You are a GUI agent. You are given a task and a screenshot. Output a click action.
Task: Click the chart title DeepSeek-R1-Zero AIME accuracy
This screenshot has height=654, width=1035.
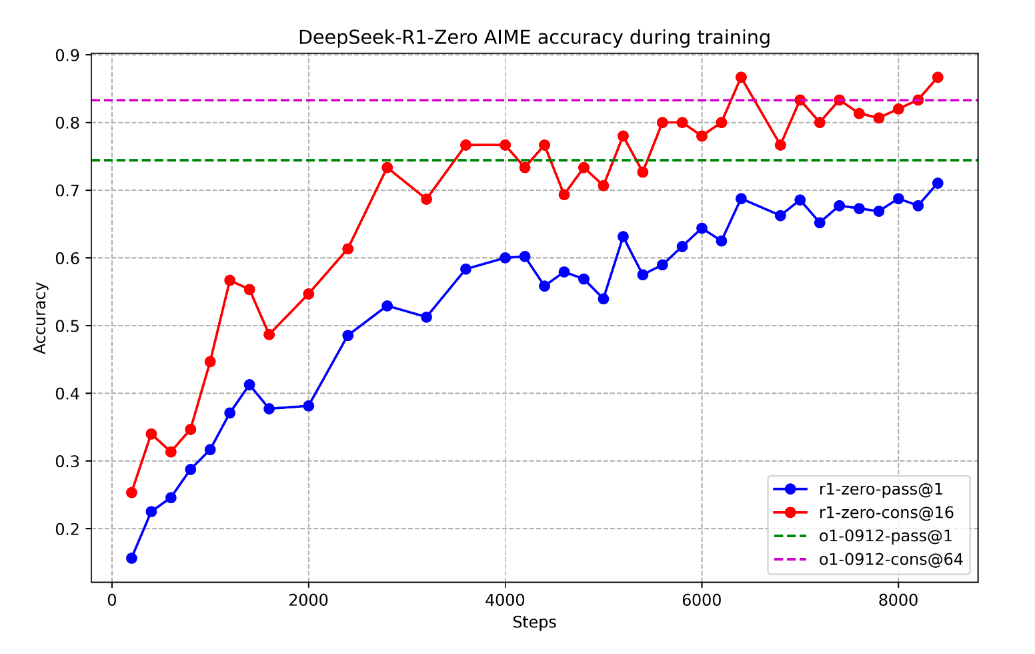pos(534,37)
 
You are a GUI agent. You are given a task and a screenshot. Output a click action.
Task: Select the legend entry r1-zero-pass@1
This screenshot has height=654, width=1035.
pos(880,489)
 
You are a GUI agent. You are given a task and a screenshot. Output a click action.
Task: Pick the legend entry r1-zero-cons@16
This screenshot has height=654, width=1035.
pos(886,513)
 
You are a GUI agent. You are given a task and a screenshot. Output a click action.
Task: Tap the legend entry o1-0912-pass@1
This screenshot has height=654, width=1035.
pos(885,536)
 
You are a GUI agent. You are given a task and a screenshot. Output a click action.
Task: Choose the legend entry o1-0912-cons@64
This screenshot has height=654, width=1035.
pos(890,559)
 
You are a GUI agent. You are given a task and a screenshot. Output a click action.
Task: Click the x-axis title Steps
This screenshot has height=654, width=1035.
pos(534,623)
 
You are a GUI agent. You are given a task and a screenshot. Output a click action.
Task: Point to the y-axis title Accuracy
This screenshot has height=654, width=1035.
pos(41,318)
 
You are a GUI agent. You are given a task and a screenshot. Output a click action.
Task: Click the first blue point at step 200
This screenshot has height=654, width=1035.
pos(131,558)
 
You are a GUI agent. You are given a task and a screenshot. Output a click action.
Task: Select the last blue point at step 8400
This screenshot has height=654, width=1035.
pos(938,183)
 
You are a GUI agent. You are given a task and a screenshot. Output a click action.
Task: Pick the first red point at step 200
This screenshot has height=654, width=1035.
pos(131,493)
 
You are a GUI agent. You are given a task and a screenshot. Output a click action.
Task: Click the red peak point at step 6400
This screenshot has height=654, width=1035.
pos(741,77)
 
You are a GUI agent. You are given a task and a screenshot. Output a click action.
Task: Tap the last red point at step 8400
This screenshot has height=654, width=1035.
pos(938,77)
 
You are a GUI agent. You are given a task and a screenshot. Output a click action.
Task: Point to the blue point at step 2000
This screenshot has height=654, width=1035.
pos(308,406)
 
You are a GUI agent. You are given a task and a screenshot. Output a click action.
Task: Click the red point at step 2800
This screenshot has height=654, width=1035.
pos(387,168)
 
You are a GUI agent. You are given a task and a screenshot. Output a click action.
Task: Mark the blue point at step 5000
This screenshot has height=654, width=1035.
pos(603,299)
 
